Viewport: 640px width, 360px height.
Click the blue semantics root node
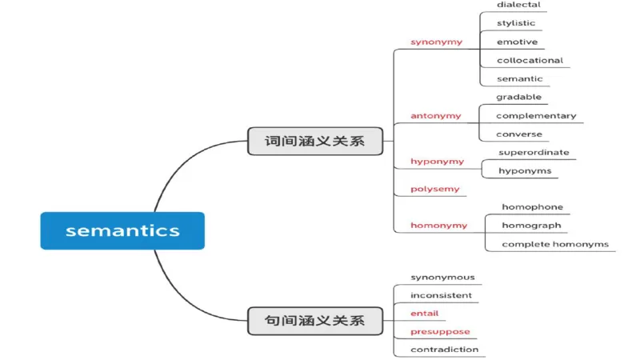coord(122,230)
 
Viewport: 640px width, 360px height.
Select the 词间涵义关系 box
coord(314,141)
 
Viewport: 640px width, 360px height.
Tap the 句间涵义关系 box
coord(314,320)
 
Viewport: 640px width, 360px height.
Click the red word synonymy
coord(436,42)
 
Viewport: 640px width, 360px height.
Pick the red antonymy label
coord(436,116)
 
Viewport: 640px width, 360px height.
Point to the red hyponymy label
coord(437,162)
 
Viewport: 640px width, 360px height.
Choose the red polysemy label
coord(435,190)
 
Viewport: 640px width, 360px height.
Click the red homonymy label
coord(438,226)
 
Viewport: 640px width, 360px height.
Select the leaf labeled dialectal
coord(518,5)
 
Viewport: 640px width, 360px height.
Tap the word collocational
coord(530,60)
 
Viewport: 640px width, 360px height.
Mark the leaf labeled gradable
coord(518,98)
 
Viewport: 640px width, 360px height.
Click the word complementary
coord(535,116)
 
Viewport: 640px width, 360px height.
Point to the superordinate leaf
coord(534,153)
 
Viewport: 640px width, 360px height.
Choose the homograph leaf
coord(531,226)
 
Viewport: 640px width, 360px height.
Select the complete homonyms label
coord(555,244)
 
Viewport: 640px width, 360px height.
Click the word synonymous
coord(442,278)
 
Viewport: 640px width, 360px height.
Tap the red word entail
coord(424,314)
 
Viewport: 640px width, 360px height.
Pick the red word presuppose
coord(440,331)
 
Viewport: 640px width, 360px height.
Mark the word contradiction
coord(444,350)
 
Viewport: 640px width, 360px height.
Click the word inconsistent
coord(441,295)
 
